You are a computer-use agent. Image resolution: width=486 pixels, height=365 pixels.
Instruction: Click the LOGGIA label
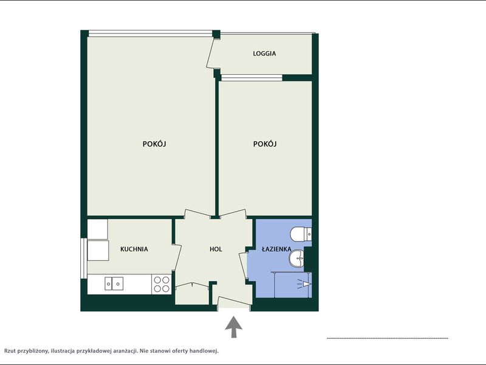pyautogui.click(x=264, y=54)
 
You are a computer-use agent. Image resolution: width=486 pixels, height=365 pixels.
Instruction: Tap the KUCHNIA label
pyautogui.click(x=134, y=249)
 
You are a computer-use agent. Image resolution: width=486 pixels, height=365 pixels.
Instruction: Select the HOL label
pyautogui.click(x=216, y=249)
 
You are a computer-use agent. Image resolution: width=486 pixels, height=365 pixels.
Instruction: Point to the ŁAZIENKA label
pyautogui.click(x=276, y=249)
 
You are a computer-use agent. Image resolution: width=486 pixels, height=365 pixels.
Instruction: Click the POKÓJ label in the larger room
pyautogui.click(x=154, y=144)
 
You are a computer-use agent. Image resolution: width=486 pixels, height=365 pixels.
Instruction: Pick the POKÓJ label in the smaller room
pyautogui.click(x=265, y=144)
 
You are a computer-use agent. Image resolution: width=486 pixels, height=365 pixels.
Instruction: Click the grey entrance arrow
pyautogui.click(x=233, y=327)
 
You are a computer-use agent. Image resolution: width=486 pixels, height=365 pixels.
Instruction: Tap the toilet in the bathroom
pyautogui.click(x=301, y=234)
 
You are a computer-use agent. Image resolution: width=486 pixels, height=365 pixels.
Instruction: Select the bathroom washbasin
pyautogui.click(x=297, y=258)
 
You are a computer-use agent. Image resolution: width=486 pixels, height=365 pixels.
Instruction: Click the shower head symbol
pyautogui.click(x=305, y=284)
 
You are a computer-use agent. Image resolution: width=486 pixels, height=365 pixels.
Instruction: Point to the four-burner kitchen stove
pyautogui.click(x=162, y=284)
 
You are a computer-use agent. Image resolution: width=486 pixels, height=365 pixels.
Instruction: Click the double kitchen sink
pyautogui.click(x=114, y=283)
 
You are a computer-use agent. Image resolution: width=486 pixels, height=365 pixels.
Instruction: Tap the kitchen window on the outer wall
pyautogui.click(x=83, y=258)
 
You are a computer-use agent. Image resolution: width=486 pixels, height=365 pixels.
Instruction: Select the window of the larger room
pyautogui.click(x=150, y=33)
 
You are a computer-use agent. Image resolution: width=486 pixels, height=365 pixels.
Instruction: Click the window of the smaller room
pyautogui.click(x=252, y=78)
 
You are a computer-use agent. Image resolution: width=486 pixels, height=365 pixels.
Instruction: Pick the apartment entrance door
pyautogui.click(x=234, y=302)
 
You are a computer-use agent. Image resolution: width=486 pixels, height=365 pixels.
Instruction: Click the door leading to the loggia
pyautogui.click(x=213, y=53)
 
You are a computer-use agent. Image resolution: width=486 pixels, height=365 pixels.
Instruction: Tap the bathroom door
pyautogui.click(x=243, y=266)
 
